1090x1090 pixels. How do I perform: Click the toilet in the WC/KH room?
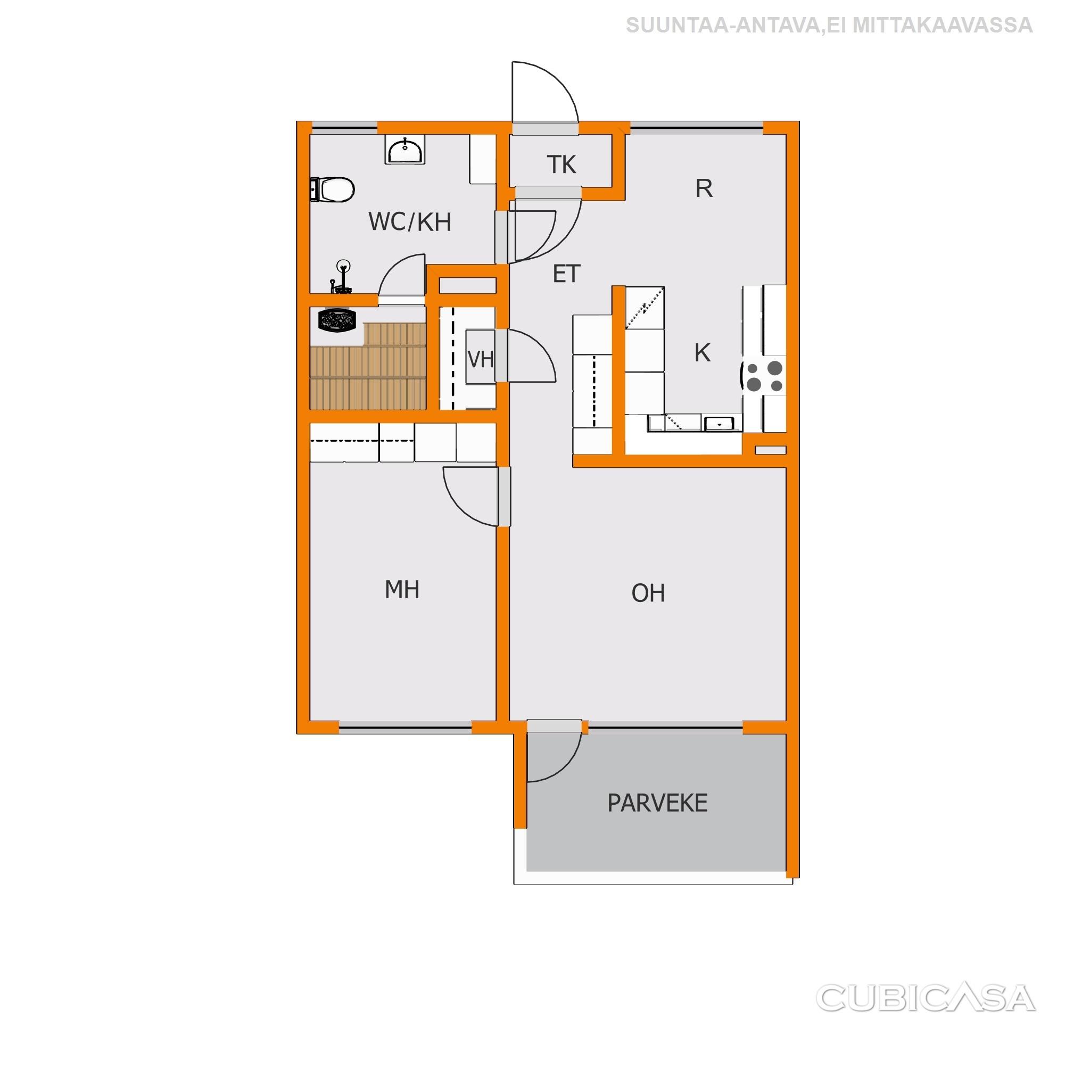pos(332,189)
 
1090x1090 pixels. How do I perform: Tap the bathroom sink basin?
pos(405,150)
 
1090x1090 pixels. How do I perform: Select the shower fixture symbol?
pos(341,277)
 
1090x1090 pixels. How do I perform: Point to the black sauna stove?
pos(337,320)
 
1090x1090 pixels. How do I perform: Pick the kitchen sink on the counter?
pos(720,423)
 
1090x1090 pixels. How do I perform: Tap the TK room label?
pos(561,165)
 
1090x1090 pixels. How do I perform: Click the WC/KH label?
pos(410,222)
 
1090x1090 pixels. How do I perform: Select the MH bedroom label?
pos(402,590)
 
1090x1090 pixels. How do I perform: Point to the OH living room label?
pos(648,593)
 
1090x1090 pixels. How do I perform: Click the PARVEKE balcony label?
pos(657,803)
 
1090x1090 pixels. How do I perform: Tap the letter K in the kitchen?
pos(702,353)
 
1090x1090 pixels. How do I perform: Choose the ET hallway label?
pos(566,274)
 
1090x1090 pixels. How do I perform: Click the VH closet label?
pos(481,359)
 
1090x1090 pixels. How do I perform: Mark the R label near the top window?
pos(704,188)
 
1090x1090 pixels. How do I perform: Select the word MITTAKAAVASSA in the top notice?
pos(942,26)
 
